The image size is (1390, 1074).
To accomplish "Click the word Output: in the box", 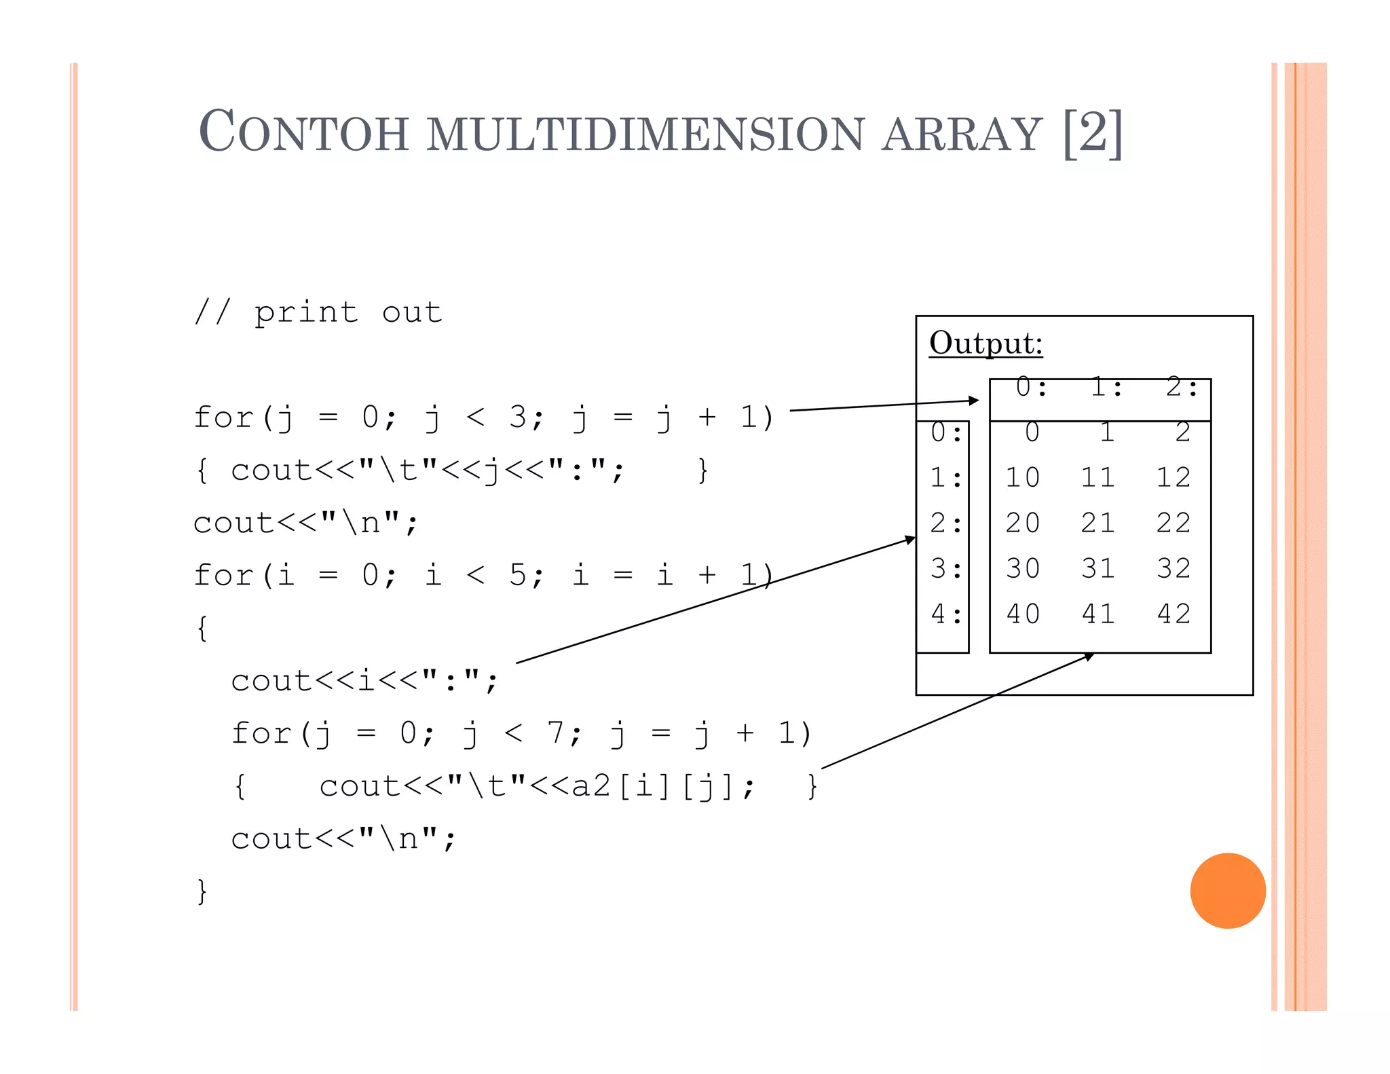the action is (985, 344).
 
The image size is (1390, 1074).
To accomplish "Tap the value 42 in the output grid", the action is (1174, 614).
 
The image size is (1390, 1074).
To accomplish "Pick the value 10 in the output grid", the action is (1023, 478).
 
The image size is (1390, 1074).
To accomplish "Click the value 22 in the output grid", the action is (1174, 523).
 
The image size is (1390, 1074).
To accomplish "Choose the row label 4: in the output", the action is (946, 614).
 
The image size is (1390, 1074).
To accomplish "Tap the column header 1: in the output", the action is (1107, 388).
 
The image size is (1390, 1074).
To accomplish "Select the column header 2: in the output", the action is (1182, 388).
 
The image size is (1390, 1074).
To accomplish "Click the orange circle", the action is (1228, 891).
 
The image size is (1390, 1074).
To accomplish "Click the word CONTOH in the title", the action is (303, 132).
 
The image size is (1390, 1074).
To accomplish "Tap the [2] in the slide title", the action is (1093, 133).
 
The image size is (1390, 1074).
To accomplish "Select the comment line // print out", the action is (318, 313).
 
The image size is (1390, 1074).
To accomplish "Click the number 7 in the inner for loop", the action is (556, 733).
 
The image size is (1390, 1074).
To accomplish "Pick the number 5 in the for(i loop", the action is (518, 575).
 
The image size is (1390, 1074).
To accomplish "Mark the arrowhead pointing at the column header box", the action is (975, 401).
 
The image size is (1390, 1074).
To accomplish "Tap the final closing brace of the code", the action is (202, 891).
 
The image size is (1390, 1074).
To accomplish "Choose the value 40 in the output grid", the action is (1023, 614).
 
